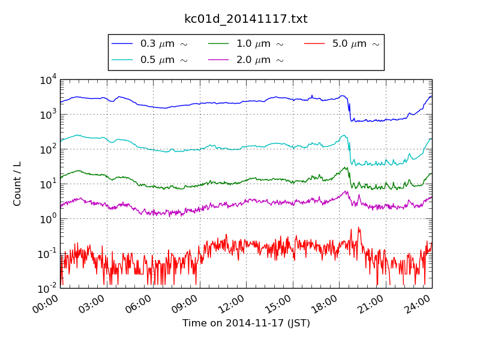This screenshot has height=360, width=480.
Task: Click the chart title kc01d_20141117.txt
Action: click(245, 19)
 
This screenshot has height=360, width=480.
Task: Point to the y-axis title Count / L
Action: click(17, 184)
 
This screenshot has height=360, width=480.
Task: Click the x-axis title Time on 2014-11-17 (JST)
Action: click(246, 323)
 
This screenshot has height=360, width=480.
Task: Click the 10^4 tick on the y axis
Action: click(48, 80)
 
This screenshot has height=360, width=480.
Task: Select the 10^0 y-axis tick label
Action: click(48, 218)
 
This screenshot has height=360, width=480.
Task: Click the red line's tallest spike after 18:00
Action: click(359, 227)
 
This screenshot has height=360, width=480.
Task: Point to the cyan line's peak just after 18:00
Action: click(344, 136)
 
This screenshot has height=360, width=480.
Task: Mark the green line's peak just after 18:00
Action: click(346, 167)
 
